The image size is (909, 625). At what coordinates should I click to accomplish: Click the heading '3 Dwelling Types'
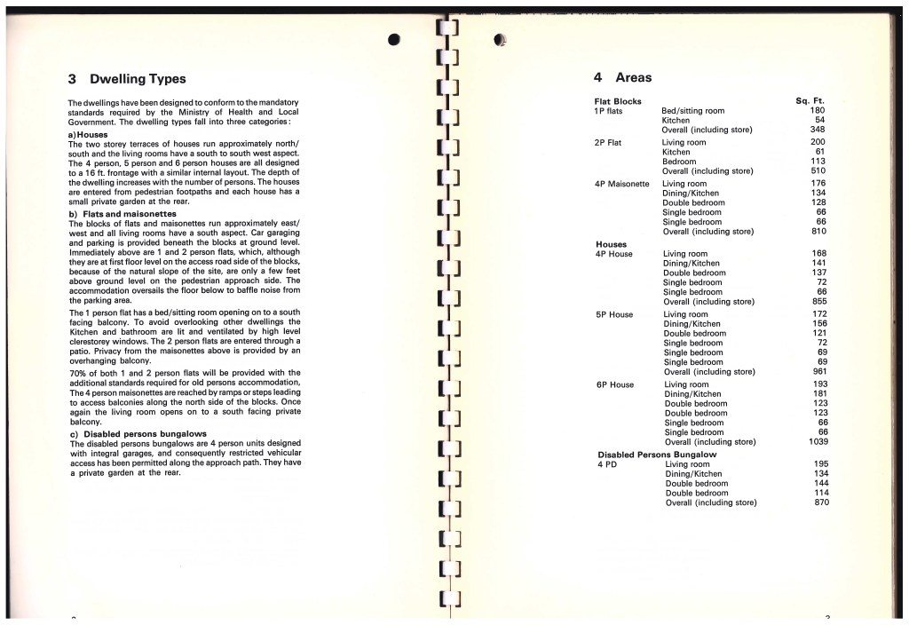pos(127,79)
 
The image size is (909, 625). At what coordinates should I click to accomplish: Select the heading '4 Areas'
pos(622,78)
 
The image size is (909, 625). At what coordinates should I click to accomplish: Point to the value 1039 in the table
pos(818,442)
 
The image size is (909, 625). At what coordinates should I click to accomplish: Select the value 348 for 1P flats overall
pos(819,131)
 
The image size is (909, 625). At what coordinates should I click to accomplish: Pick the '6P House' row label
pos(614,384)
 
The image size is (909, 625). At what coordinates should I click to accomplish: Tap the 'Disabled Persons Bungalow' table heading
pos(657,455)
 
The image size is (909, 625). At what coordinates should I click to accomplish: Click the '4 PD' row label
pos(607,464)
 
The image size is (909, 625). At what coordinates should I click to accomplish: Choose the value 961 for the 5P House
pos(819,372)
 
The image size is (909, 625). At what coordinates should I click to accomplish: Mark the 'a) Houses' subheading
pos(87,134)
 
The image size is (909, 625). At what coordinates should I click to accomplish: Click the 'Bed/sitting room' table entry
pos(692,111)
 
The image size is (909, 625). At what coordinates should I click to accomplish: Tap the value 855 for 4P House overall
pos(819,302)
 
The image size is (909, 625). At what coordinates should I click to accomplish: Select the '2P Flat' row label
pos(608,142)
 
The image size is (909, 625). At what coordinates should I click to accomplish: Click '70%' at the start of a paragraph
pos(77,374)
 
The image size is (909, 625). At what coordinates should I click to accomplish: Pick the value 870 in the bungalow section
pos(820,502)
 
